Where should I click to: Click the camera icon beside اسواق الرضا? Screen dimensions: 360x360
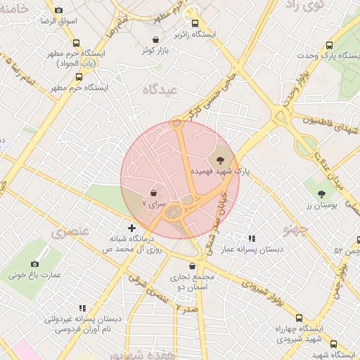pyautogui.click(x=58, y=10)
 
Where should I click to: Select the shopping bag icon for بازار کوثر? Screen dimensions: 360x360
pyautogui.click(x=155, y=39)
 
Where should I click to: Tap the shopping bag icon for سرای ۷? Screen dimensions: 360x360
pyautogui.click(x=154, y=191)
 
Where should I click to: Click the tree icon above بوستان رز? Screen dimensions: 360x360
pyautogui.click(x=322, y=193)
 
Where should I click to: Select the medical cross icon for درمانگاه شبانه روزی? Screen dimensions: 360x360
pyautogui.click(x=132, y=227)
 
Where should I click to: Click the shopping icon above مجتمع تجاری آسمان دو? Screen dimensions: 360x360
pyautogui.click(x=192, y=266)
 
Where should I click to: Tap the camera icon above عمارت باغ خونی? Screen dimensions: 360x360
pyautogui.click(x=34, y=264)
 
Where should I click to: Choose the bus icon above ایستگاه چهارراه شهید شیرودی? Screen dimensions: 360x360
pyautogui.click(x=299, y=318)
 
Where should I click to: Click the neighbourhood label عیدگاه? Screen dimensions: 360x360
pyautogui.click(x=159, y=89)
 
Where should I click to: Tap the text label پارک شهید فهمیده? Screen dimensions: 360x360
pyautogui.click(x=221, y=171)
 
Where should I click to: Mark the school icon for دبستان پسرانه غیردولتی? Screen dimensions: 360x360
pyautogui.click(x=82, y=308)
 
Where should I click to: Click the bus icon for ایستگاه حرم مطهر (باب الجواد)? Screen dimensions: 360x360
pyautogui.click(x=76, y=43)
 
